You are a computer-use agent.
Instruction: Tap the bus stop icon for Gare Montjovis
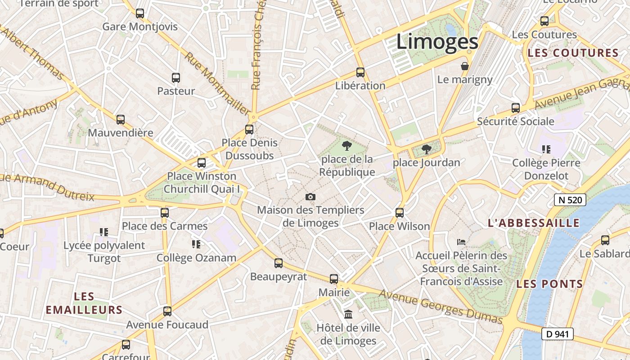140,13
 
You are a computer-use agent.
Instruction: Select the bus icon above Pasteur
176,78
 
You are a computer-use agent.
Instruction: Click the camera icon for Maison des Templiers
310,197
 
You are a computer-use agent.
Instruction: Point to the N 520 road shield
570,200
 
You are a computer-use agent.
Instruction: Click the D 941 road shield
557,334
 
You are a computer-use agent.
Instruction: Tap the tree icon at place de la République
346,146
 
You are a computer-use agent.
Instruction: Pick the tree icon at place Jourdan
426,149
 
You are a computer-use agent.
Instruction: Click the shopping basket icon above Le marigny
465,67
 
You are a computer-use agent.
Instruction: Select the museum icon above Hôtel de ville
348,314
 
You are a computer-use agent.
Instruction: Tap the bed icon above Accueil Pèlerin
461,242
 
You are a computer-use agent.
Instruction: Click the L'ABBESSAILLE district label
534,223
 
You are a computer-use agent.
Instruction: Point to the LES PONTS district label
549,284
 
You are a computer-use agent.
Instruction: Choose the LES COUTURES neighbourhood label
573,53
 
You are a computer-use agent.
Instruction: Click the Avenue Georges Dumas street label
440,306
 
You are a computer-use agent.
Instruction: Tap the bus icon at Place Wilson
399,213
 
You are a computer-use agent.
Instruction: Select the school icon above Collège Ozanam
196,244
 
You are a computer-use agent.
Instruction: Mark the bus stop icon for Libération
360,72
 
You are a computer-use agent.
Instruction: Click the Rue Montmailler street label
217,84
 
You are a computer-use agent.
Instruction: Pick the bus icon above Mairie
333,279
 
